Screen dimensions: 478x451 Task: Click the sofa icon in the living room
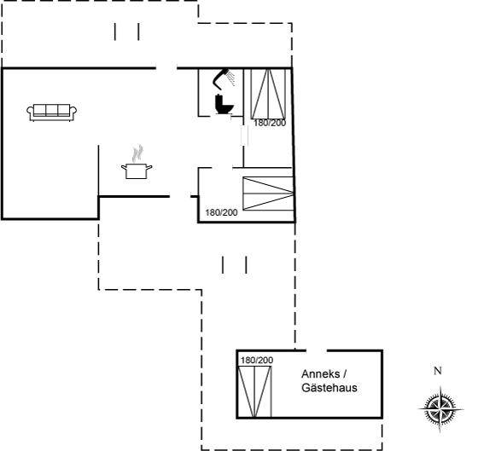pyautogui.click(x=51, y=113)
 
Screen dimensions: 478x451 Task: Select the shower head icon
pyautogui.click(x=221, y=78)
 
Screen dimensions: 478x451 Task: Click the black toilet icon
pyautogui.click(x=224, y=105)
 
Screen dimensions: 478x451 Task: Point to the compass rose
pyautogui.click(x=440, y=408)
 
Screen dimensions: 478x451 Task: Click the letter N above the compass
pyautogui.click(x=438, y=371)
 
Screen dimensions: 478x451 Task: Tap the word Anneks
pyautogui.click(x=320, y=374)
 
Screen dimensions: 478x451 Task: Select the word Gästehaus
pyautogui.click(x=329, y=388)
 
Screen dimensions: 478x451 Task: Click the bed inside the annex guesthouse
pyautogui.click(x=254, y=391)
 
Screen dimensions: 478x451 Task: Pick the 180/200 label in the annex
pyautogui.click(x=257, y=361)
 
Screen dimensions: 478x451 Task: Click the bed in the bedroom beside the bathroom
pyautogui.click(x=268, y=94)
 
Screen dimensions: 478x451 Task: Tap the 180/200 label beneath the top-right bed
pyautogui.click(x=270, y=123)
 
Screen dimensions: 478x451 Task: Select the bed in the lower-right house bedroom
pyautogui.click(x=268, y=194)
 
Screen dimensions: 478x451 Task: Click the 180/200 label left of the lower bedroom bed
pyautogui.click(x=221, y=212)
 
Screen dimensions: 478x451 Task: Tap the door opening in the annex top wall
pyautogui.click(x=317, y=350)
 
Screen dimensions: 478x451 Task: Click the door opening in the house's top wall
pyautogui.click(x=166, y=68)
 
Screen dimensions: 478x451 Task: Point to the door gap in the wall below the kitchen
pyautogui.click(x=180, y=197)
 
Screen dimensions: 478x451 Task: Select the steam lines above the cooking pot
pyautogui.click(x=137, y=153)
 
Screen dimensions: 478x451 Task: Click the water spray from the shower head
pyautogui.click(x=230, y=78)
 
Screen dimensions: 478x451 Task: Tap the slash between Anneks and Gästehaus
pyautogui.click(x=345, y=374)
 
